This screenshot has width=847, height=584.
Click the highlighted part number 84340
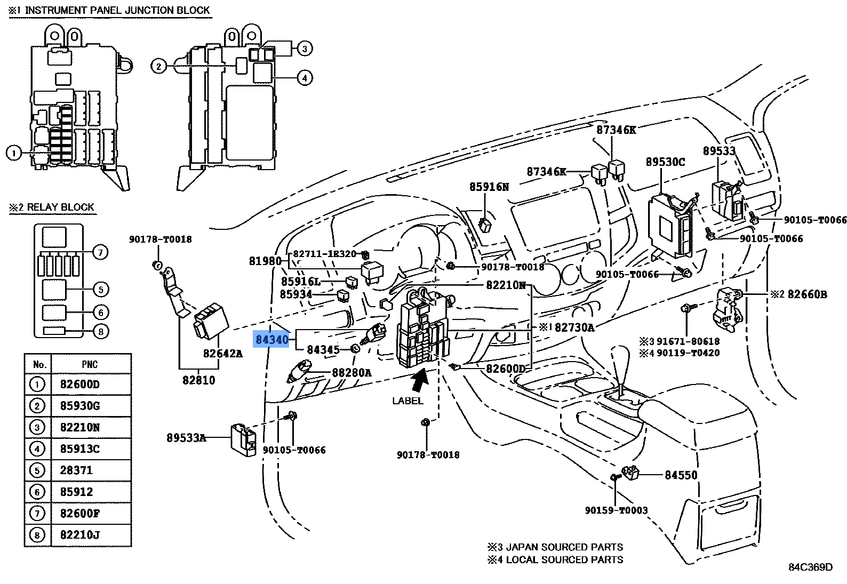tap(271, 339)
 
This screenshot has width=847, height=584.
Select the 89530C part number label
tap(665, 162)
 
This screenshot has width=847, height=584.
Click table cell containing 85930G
tap(80, 406)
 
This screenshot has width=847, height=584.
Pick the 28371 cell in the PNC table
tap(77, 470)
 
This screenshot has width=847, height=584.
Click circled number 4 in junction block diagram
tap(304, 78)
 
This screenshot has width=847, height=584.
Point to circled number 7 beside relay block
tap(100, 252)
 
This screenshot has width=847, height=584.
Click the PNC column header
tap(90, 364)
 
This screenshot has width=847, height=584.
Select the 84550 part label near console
tap(681, 475)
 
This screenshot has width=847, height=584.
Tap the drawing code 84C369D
tap(810, 567)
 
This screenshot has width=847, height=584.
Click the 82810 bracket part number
tap(198, 380)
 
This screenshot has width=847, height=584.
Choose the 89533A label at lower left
tap(186, 438)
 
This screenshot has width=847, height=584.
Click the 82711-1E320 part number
tap(324, 254)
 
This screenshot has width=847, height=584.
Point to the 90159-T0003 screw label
tap(616, 510)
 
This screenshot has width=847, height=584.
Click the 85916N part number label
tap(489, 187)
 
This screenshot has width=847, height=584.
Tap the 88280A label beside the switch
tap(351, 372)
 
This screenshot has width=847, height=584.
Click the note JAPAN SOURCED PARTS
tap(564, 547)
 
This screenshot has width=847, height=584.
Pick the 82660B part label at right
tap(807, 294)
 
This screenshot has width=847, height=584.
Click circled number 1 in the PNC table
tap(37, 385)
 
